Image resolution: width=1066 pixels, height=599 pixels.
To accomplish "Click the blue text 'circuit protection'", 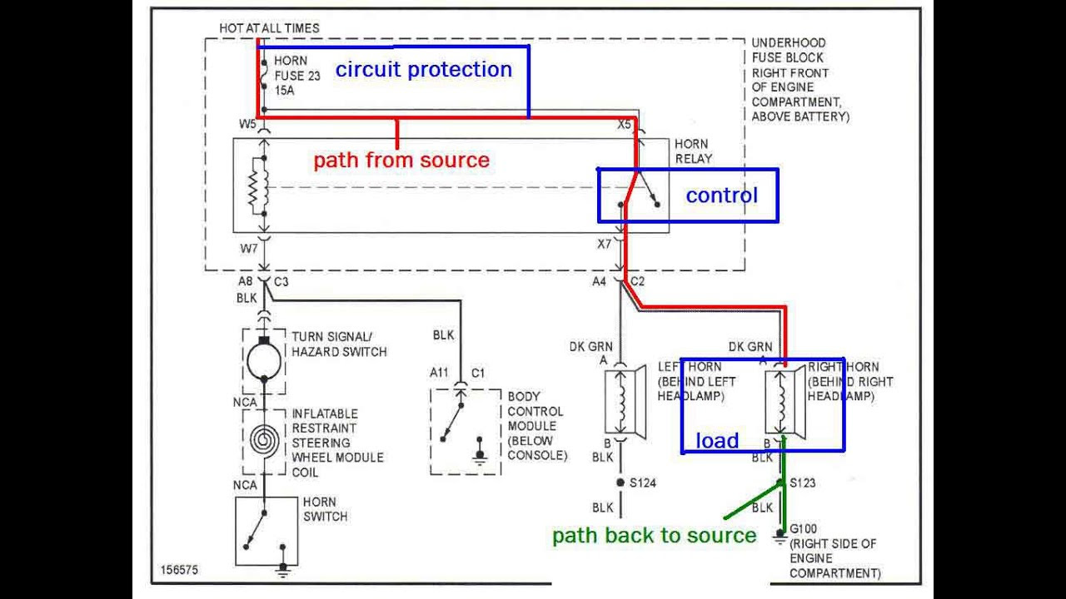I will (x=423, y=70).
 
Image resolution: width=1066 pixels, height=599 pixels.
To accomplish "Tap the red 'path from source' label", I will (x=401, y=160).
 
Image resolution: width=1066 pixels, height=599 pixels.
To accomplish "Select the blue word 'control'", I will (x=721, y=196).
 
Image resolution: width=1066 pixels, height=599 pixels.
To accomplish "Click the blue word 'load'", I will (x=717, y=441).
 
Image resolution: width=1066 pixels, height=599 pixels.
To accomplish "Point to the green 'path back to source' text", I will (x=654, y=536).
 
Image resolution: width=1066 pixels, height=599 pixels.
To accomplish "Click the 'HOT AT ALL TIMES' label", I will (x=269, y=28).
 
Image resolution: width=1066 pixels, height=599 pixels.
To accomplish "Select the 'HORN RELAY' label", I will (x=693, y=151).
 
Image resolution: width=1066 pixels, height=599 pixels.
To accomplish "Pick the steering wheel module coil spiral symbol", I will (x=264, y=439).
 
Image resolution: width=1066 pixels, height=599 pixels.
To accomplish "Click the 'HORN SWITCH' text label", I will (x=325, y=509).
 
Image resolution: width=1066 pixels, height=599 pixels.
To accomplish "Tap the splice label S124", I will (x=642, y=483).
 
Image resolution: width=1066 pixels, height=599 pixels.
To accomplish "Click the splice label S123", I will (x=802, y=483).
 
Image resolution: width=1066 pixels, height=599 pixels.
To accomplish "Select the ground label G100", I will (x=804, y=529).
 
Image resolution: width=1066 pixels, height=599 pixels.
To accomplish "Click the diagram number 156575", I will (x=180, y=571).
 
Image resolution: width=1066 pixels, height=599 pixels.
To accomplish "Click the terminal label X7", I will (x=604, y=244).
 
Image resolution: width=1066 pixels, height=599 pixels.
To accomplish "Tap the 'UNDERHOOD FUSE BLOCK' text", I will (x=788, y=50).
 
